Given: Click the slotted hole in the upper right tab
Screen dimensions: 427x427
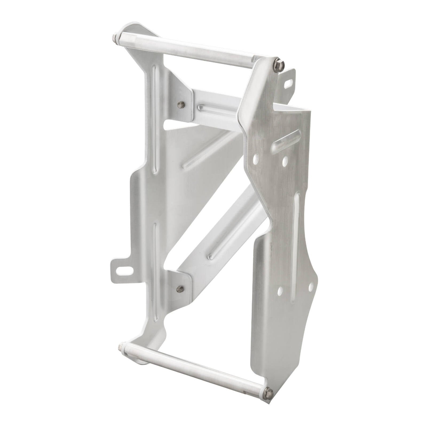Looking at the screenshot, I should pos(289,84).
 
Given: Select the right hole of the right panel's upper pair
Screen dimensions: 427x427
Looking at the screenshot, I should pos(285,160).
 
